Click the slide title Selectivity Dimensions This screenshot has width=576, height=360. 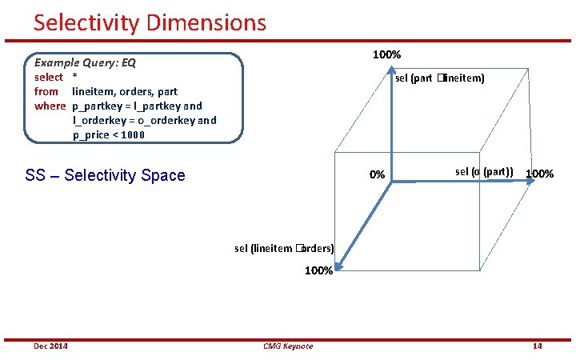[x=150, y=22]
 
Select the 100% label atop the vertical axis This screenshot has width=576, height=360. [x=387, y=54]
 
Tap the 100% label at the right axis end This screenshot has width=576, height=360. [x=539, y=174]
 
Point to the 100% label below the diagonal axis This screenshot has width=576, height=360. [x=318, y=270]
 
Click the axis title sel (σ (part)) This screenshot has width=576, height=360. [x=484, y=171]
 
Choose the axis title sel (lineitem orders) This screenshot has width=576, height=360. [x=284, y=248]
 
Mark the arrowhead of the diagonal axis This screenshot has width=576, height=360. [x=338, y=270]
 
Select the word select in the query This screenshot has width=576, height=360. [x=49, y=77]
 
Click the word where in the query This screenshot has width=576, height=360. [x=50, y=106]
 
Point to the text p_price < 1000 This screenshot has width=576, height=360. [x=109, y=134]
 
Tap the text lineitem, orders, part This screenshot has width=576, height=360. [x=125, y=91]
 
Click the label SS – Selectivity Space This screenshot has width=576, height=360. [x=105, y=175]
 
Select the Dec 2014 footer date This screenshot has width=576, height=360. [x=50, y=346]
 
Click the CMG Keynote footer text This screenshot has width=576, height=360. [x=288, y=346]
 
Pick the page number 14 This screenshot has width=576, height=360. [x=537, y=346]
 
